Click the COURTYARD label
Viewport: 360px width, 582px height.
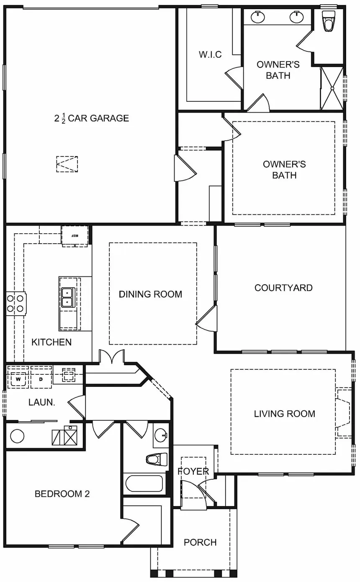pos(283,288)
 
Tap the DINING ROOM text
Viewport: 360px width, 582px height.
pos(150,294)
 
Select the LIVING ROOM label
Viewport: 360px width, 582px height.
pos(284,414)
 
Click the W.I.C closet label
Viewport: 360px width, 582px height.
pos(210,54)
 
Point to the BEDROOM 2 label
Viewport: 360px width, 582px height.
pos(62,494)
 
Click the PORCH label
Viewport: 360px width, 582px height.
pos(200,542)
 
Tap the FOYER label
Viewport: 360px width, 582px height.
pos(193,471)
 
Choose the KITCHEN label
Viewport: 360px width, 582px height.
pos(51,342)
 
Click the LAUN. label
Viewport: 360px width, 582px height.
pos(41,402)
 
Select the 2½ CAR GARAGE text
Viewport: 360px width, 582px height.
pos(91,118)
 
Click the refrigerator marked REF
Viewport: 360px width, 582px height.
pos(75,235)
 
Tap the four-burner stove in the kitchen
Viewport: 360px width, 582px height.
pos(16,304)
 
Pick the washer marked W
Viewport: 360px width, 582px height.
pos(18,379)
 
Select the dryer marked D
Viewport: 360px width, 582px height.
pos(41,379)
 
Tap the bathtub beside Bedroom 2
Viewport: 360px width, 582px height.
pos(144,484)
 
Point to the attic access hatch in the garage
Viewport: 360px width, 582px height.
pos(67,164)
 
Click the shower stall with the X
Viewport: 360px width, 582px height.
pos(332,88)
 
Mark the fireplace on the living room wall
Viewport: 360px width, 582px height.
pos(343,413)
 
